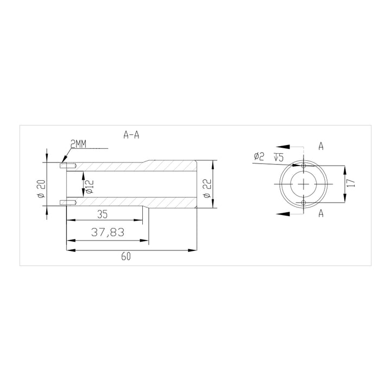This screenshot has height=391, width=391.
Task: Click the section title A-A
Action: click(131, 135)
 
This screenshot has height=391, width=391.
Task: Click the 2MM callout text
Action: click(78, 144)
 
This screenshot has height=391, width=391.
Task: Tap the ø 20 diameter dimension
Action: click(41, 188)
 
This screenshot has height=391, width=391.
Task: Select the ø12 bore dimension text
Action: click(89, 187)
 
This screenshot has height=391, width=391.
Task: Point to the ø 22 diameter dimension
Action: click(207, 188)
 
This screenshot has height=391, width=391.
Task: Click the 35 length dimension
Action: click(102, 215)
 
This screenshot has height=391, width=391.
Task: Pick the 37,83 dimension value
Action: click(108, 232)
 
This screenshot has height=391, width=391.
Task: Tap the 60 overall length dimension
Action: click(126, 256)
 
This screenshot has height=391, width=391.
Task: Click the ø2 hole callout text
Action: click(259, 156)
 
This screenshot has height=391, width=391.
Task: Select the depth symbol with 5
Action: click(279, 157)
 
